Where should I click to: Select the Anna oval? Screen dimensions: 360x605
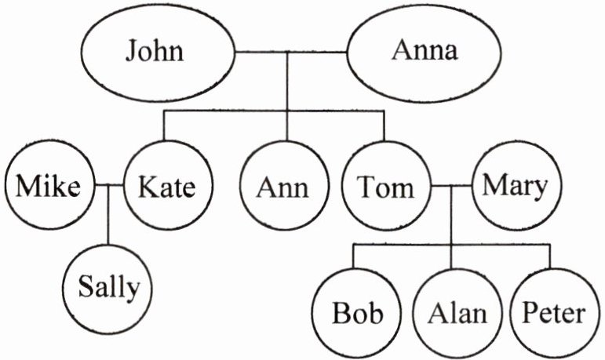pyautogui.click(x=425, y=53)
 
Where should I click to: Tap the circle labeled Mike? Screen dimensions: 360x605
pyautogui.click(x=49, y=187)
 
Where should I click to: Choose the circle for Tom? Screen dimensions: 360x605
pyautogui.click(x=385, y=187)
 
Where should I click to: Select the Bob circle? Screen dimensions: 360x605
pyautogui.click(x=358, y=313)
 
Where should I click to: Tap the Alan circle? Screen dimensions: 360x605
pyautogui.click(x=457, y=313)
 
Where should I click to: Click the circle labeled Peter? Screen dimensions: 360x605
pyautogui.click(x=553, y=313)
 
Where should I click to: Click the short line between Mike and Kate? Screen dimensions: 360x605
pyautogui.click(x=108, y=186)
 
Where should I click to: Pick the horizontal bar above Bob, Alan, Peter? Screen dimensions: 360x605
pyautogui.click(x=451, y=245)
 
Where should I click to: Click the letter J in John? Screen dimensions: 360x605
pyautogui.click(x=133, y=53)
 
